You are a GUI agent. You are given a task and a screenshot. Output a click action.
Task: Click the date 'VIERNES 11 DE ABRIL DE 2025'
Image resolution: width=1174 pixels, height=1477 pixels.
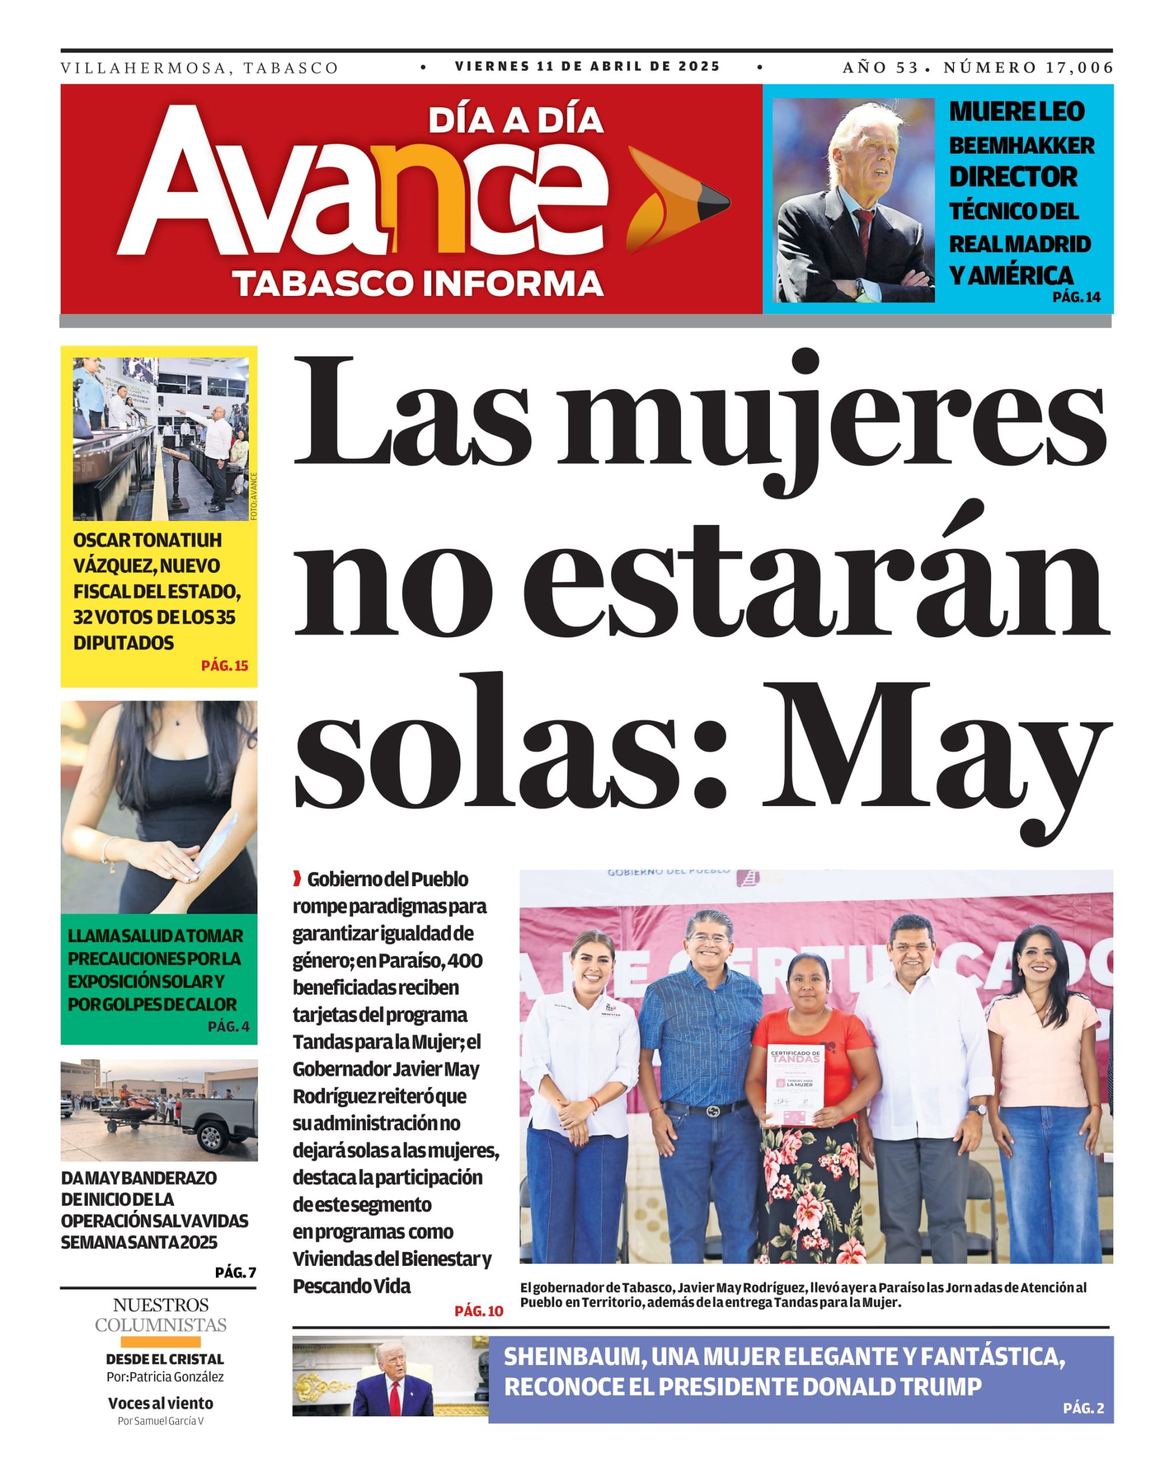pyautogui.click(x=588, y=66)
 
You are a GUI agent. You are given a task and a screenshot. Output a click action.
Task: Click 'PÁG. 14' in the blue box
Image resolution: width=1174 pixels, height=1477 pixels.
pyautogui.click(x=1075, y=297)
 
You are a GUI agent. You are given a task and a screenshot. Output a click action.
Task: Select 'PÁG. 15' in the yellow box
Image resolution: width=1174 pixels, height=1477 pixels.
pyautogui.click(x=224, y=665)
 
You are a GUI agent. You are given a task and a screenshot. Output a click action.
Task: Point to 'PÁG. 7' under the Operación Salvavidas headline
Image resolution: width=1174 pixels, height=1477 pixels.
pyautogui.click(x=235, y=1272)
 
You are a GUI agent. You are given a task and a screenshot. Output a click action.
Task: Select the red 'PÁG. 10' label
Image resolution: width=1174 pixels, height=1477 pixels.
pyautogui.click(x=478, y=1310)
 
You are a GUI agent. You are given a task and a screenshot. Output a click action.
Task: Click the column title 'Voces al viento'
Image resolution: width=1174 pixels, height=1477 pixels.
pyautogui.click(x=160, y=1403)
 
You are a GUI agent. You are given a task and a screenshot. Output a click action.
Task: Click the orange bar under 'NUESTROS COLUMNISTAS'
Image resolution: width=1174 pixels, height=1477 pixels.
pyautogui.click(x=160, y=1342)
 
